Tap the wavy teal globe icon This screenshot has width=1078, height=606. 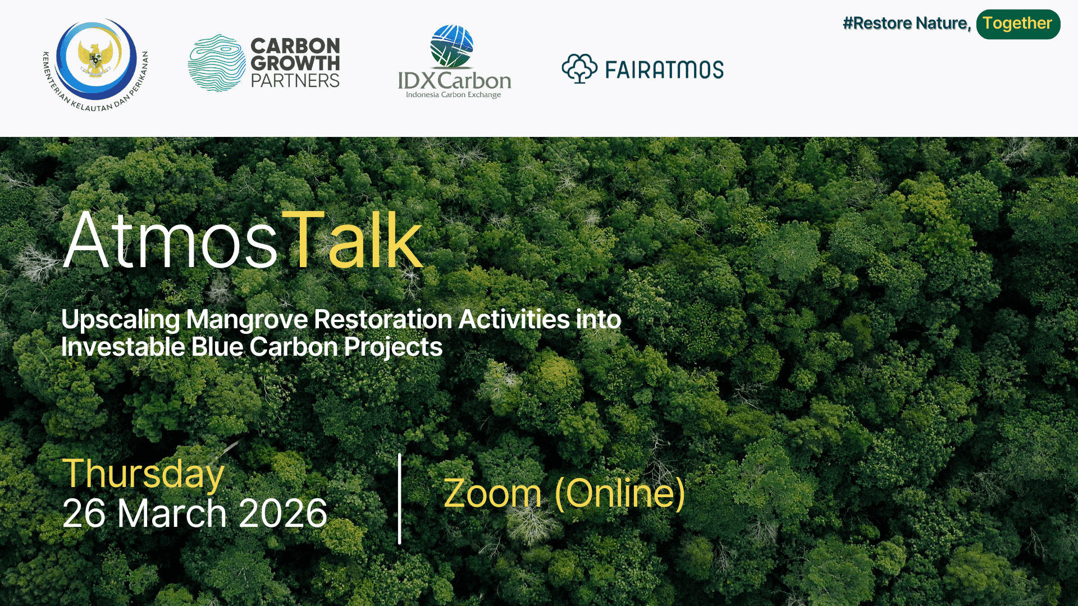click(217, 63)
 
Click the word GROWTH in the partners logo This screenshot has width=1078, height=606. click(295, 63)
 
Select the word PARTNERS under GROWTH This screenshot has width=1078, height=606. click(295, 81)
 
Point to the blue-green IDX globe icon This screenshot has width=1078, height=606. click(452, 46)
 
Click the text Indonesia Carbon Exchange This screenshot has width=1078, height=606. click(454, 95)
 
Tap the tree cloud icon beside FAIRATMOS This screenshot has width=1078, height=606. click(579, 68)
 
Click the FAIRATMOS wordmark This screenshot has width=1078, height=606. click(665, 70)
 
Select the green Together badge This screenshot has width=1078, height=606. click(1018, 24)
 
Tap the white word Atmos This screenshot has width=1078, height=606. click(170, 241)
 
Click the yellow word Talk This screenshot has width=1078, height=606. click(352, 241)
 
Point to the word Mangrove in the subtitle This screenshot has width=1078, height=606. click(247, 319)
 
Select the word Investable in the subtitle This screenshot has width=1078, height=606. click(123, 347)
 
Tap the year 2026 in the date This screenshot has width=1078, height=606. click(283, 513)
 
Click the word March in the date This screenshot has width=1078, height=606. click(172, 513)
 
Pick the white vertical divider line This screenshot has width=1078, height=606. click(400, 498)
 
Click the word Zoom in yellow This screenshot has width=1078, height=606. click(492, 493)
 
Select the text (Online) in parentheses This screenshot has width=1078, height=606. click(620, 493)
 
